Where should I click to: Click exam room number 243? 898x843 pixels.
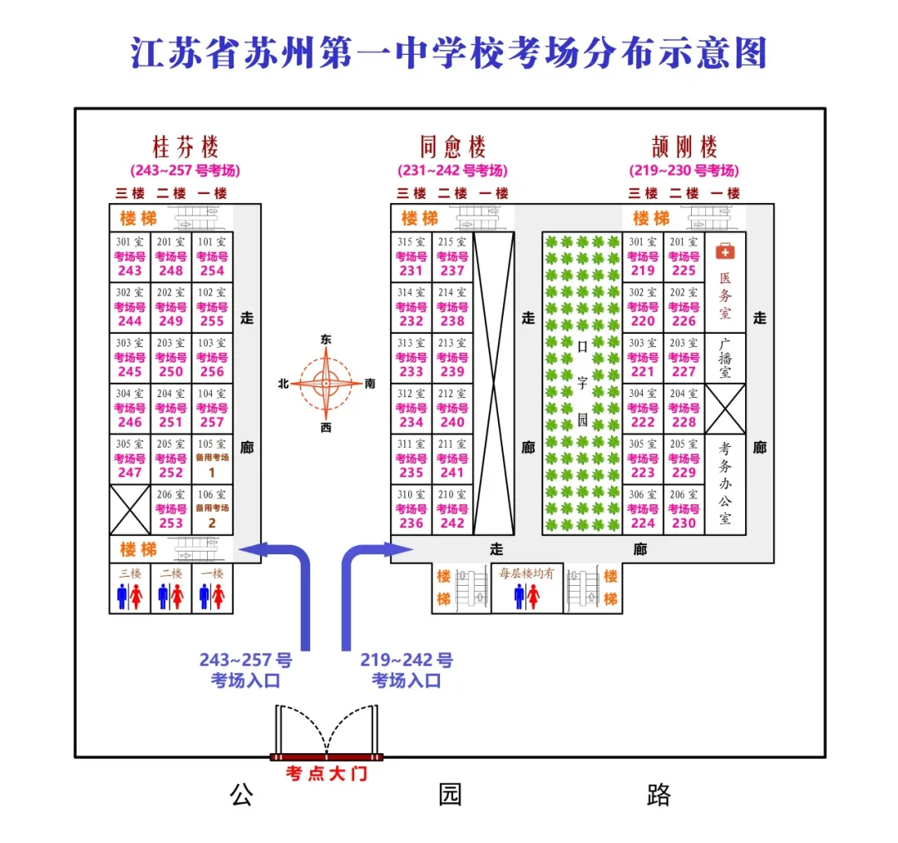coord(130,257)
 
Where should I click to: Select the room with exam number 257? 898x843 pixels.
coord(212,409)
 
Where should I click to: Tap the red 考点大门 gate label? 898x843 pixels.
coord(327,774)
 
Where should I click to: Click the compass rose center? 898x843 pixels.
coord(326,384)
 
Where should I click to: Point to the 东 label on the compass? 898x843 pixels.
coord(326,340)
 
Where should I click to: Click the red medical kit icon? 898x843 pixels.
coord(725,251)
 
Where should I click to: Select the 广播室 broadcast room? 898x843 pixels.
coord(725,358)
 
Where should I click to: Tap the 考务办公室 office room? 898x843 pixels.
coord(725,484)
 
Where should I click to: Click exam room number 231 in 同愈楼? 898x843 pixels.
coord(412,257)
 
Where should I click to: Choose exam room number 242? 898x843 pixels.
coord(452,509)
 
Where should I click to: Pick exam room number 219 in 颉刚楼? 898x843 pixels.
coord(643,257)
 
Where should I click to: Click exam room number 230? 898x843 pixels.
coord(683,509)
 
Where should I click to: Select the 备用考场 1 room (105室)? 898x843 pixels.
coord(212,459)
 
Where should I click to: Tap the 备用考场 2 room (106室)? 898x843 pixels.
coord(212,509)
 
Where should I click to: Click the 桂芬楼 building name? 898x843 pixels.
coord(185,147)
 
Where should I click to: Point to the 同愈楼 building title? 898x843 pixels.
coord(452,147)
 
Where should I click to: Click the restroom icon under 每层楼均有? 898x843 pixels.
coord(527,596)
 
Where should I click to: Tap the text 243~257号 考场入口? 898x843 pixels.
coord(245,670)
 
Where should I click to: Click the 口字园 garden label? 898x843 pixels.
coord(582,383)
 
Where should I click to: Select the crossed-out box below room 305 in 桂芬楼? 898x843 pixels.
coord(130,509)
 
